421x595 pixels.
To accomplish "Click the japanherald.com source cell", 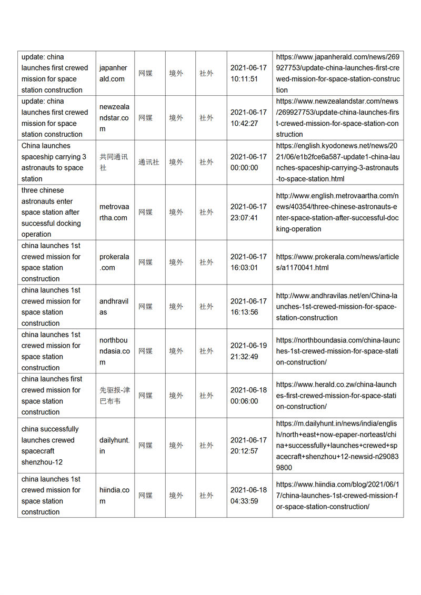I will click(113, 73).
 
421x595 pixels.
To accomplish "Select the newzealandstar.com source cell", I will click(114, 118).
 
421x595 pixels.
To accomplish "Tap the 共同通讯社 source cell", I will click(113, 162).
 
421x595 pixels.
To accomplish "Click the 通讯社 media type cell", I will click(149, 162).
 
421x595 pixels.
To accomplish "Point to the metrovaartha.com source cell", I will click(114, 212).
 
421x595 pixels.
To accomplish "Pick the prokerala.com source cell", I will click(114, 262).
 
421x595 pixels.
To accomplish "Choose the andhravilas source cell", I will click(114, 307).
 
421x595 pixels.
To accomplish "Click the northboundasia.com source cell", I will click(114, 351).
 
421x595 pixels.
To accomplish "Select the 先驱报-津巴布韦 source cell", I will click(114, 396).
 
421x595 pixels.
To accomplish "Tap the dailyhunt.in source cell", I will click(114, 446).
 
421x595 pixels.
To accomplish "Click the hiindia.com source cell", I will click(114, 495).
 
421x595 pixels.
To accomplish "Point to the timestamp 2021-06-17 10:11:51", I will click(248, 73).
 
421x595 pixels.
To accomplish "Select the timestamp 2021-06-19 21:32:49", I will click(248, 351).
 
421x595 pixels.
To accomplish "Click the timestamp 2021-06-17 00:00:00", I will click(248, 162).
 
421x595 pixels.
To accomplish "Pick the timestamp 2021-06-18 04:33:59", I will click(248, 495).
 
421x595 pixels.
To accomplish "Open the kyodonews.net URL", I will click(337, 162).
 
